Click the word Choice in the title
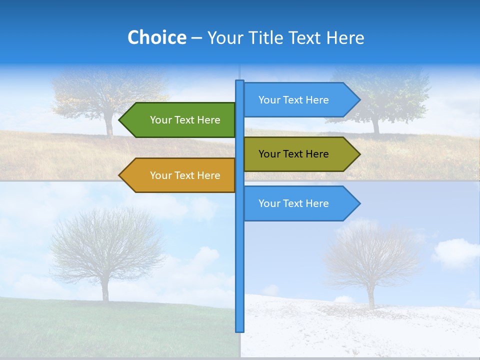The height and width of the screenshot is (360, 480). point(156,37)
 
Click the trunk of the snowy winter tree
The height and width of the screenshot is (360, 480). point(371,297)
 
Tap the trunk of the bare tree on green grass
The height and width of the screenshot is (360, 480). point(105,290)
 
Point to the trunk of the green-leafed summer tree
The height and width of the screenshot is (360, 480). point(376,125)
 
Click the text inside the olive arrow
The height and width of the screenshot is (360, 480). point(293,154)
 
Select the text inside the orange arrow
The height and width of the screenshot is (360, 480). point(185,175)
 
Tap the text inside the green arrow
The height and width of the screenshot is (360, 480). point(185,120)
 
